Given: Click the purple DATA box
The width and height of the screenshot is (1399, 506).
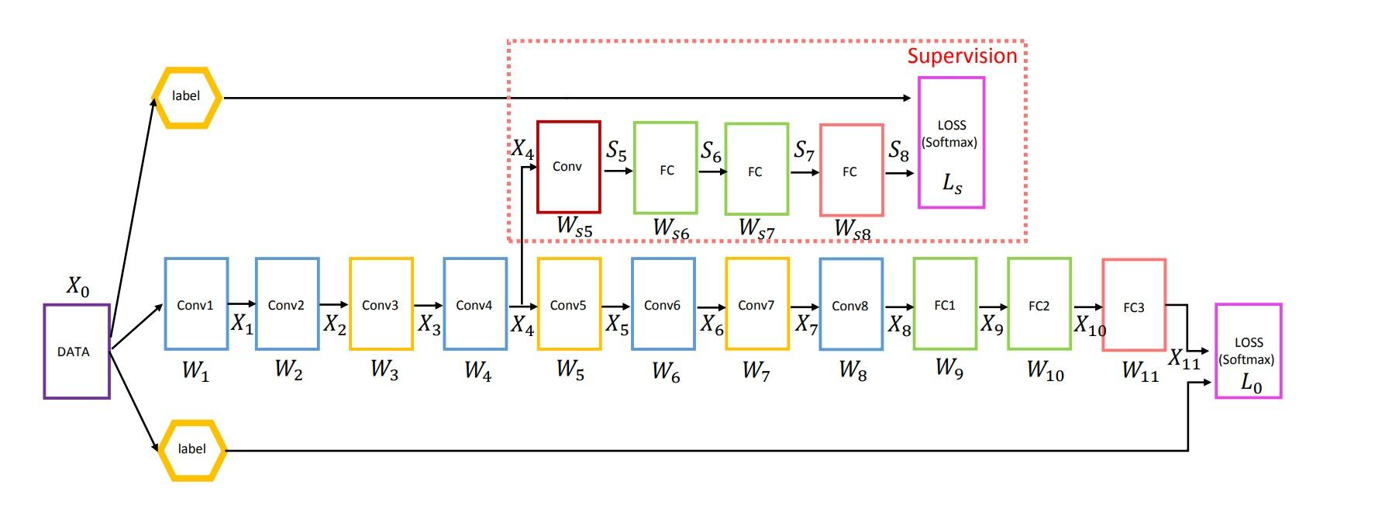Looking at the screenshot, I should pos(77,352).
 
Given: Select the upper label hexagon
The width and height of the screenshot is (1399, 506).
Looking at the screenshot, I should pos(186,97).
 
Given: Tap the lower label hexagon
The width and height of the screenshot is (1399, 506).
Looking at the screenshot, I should pos(191,449).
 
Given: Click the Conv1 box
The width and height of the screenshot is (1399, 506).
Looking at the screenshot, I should pos(196,304).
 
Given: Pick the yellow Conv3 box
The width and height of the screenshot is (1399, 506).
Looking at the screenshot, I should pos(381,304).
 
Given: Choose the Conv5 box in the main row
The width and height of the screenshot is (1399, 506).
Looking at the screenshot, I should pos(569,304).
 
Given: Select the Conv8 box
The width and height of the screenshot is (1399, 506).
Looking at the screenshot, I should pos(850,304).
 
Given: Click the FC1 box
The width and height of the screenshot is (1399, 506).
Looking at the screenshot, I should pos(945,304).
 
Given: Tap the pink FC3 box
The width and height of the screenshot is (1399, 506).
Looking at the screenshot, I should pos(1133,306).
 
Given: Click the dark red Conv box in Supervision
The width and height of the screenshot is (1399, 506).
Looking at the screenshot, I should pos(568,167).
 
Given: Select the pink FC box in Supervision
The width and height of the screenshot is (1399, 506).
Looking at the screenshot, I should pos(850,171).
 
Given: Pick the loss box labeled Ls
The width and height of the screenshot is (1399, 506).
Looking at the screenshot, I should pos(951,143).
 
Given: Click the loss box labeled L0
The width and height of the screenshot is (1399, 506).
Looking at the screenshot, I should pos(1248,352).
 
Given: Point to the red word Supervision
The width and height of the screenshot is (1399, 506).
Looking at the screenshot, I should pos(962,56).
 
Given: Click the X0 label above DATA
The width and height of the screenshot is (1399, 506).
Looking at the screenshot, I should pos(78,287).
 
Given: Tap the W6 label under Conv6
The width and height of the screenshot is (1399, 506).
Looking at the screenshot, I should pos(665,373).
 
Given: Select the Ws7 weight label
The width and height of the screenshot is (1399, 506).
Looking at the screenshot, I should pos(756,229).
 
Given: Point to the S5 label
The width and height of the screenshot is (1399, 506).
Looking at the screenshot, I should pos(616,151).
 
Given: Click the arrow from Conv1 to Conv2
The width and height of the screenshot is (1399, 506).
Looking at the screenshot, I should pos(242,304).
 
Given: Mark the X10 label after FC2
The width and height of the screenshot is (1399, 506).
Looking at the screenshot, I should pos(1089,326).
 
